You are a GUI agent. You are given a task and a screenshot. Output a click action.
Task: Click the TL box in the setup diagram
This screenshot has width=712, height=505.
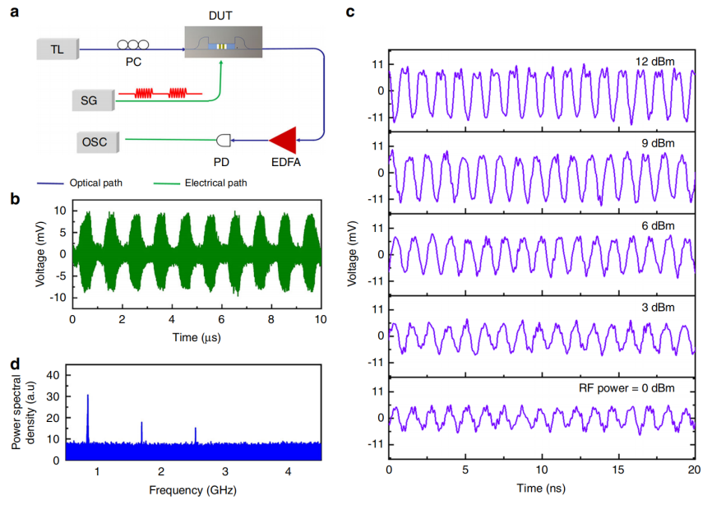pos(57,49)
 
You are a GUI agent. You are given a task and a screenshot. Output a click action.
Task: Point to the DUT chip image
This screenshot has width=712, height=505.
pos(223,44)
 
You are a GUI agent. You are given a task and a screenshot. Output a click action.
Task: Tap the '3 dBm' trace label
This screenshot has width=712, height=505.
pos(658,308)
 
